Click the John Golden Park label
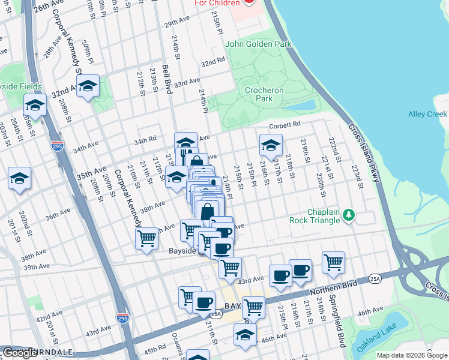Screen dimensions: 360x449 pos(258,44)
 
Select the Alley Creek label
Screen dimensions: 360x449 pos(427,114)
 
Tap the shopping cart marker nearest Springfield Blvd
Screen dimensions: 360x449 pos(333,262)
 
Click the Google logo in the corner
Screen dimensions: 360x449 pos(19,353)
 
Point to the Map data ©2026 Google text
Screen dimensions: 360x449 pos(412,355)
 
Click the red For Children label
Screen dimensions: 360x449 pos(217,3)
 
